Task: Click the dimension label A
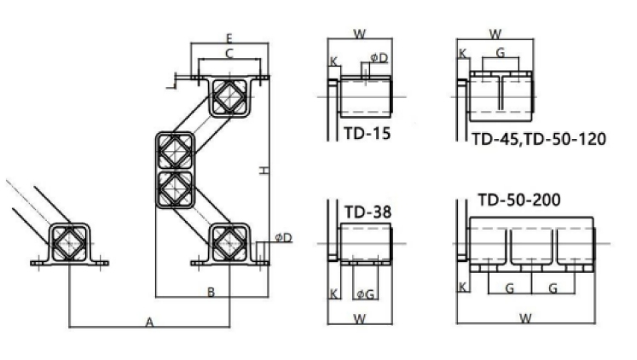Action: point(149,322)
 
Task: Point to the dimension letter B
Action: point(211,292)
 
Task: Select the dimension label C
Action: point(229,54)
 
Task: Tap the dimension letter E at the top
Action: point(229,38)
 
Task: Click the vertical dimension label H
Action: point(264,171)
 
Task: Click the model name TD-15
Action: point(368,133)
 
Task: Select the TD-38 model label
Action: point(368,212)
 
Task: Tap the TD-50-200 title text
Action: point(519,200)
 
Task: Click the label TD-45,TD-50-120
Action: point(539,139)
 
